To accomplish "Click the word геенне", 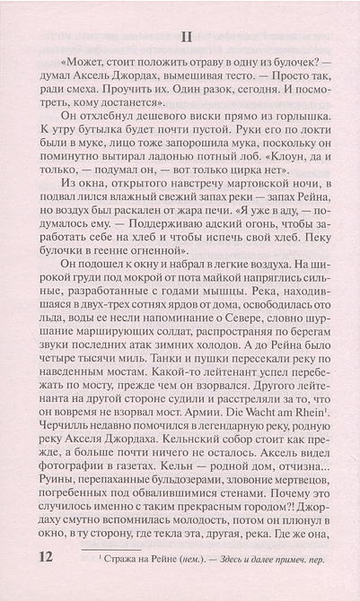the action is (140, 285).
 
